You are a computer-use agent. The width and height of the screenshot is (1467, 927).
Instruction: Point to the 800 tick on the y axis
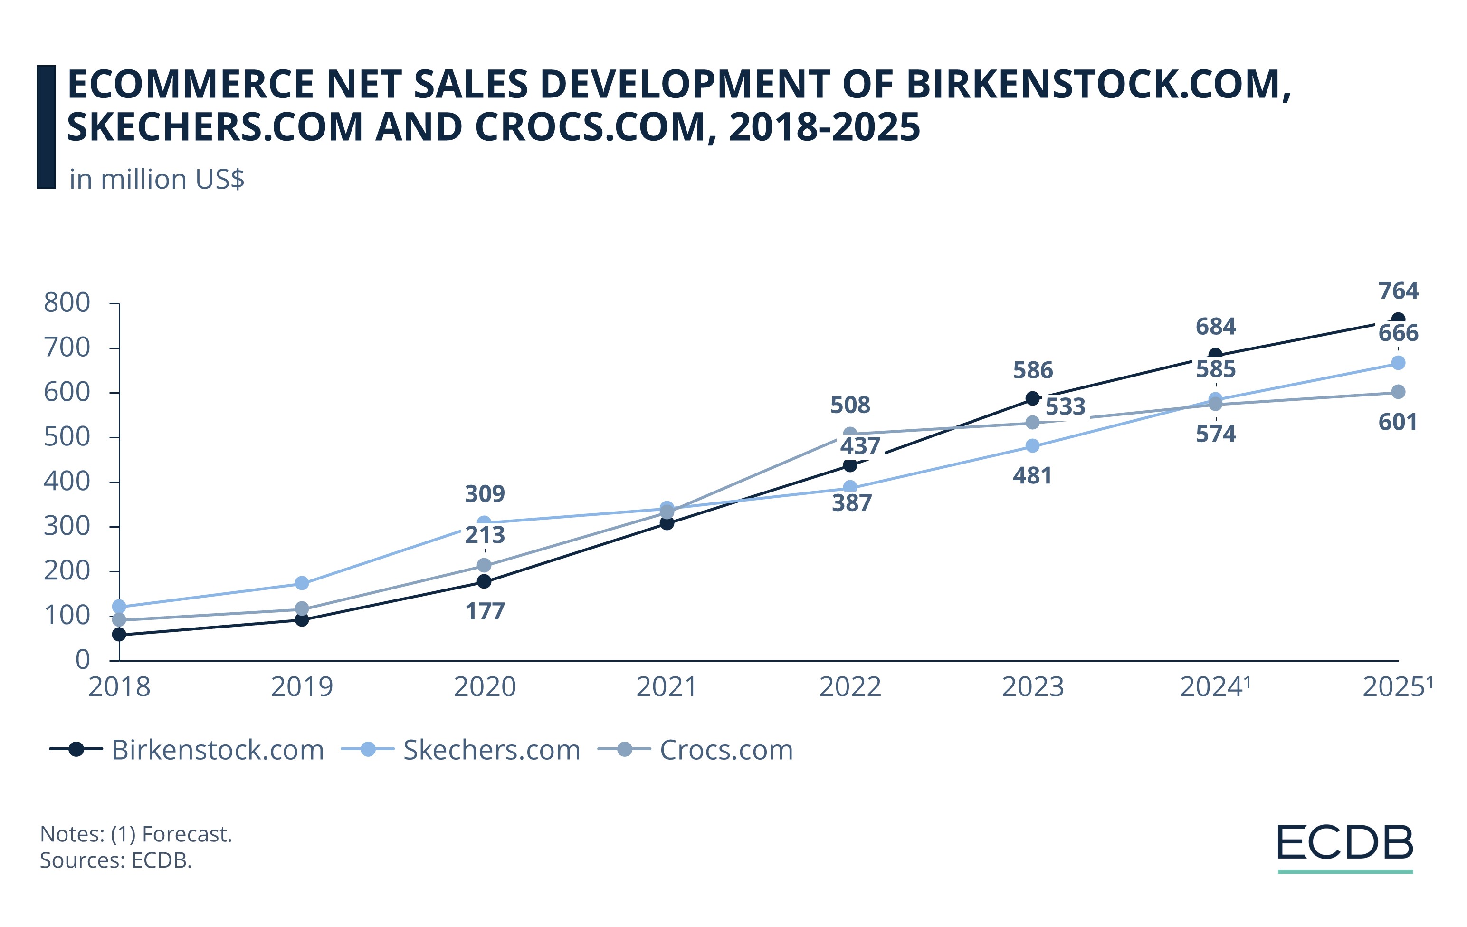67,303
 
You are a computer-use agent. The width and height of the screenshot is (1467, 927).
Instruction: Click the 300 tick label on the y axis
67,526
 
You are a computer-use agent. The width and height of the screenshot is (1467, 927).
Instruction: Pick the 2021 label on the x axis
667,687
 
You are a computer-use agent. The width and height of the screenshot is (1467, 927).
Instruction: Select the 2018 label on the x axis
119,687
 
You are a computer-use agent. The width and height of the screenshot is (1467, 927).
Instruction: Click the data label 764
1398,291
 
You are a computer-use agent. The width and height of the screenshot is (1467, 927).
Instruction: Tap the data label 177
485,611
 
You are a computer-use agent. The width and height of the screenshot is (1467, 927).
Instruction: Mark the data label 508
850,405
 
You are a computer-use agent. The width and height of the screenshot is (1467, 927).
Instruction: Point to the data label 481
1032,475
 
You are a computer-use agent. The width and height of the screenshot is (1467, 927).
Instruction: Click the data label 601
1398,422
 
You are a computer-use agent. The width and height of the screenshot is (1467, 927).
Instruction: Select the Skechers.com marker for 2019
302,583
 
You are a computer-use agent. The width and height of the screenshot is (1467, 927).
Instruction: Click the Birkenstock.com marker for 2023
1032,398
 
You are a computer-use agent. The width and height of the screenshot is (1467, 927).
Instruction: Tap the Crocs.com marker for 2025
1398,391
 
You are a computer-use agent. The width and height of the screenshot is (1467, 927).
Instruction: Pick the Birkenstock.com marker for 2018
119,635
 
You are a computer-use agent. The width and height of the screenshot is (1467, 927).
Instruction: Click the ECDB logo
1344,847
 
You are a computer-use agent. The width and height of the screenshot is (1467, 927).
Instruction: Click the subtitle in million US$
157,179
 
